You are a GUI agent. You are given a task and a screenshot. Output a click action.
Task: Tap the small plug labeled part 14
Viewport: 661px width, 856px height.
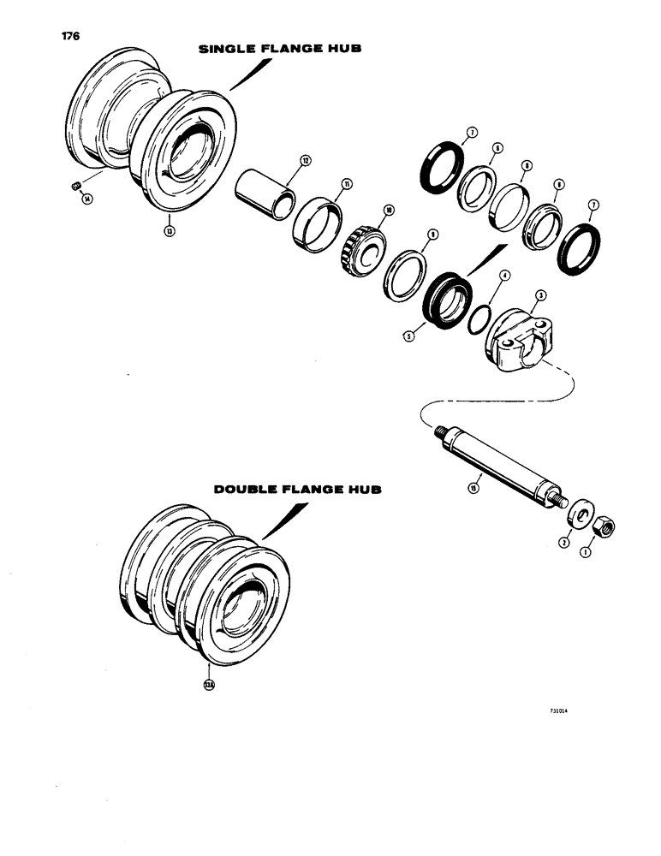[74, 186]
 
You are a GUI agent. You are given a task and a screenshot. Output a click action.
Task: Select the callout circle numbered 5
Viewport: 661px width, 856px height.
[410, 336]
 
